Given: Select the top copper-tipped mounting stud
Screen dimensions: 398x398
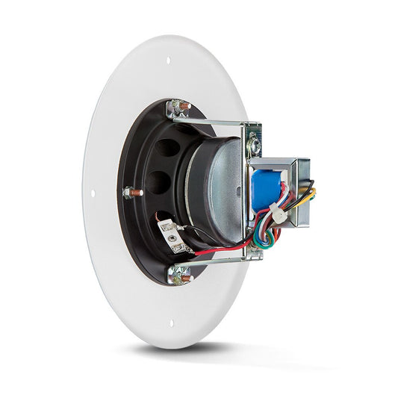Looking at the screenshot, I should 180,108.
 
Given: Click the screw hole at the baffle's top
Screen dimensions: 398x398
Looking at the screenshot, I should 168,60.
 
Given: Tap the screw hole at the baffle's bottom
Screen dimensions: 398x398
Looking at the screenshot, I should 171,323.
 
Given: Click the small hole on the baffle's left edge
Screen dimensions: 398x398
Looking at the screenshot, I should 93,194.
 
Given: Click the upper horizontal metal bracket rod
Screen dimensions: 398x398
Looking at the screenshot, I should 217,120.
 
